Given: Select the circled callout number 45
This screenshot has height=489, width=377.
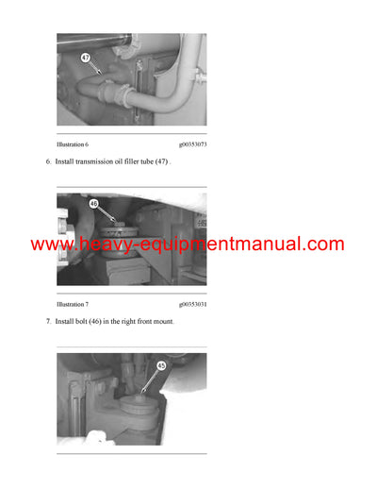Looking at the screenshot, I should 161,367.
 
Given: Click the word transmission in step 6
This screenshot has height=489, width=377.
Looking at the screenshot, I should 98,162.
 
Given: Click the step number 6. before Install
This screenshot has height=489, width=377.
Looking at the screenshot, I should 48,162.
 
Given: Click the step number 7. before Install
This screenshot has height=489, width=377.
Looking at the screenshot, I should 48,323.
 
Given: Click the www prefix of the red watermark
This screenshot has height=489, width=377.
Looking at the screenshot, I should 50,245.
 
